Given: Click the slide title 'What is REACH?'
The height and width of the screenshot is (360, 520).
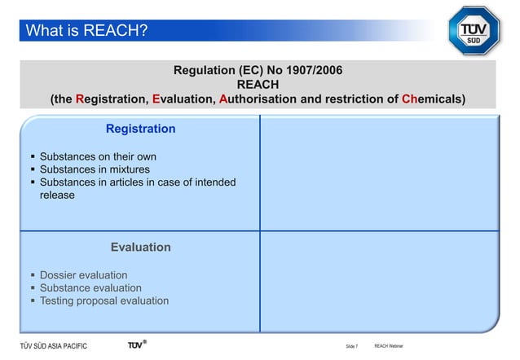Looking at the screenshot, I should point(86,31).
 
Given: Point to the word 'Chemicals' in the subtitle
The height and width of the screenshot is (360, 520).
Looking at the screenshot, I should point(433,99).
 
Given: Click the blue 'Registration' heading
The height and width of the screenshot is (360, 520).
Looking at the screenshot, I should point(140,129).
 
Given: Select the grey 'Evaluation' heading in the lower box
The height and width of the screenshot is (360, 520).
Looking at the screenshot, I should point(140,247).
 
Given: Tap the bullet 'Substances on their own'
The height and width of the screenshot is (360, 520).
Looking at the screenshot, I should point(98,156).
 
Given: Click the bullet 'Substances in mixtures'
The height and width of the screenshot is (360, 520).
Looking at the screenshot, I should point(95,169).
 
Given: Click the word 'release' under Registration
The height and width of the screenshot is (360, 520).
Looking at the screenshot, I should point(57,195).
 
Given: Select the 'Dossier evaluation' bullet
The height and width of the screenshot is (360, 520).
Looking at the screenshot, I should point(83,275).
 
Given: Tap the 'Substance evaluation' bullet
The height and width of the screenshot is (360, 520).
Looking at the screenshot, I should point(90,288).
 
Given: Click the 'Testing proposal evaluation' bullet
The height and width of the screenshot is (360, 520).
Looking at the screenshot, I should point(104,301).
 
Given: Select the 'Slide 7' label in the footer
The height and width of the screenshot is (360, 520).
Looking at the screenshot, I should point(351,347).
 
